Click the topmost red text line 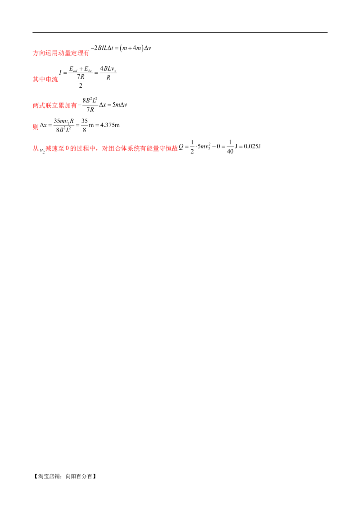click(61, 53)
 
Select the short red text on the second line click(45, 80)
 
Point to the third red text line click(54, 106)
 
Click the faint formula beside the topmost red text click(121, 48)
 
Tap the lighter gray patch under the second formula click(81, 80)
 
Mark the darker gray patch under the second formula click(108, 80)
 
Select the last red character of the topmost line click(87, 53)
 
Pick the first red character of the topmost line click(34, 53)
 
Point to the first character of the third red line click(34, 106)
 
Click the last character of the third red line click(75, 106)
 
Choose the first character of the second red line click(34, 80)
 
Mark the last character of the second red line click(56, 80)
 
